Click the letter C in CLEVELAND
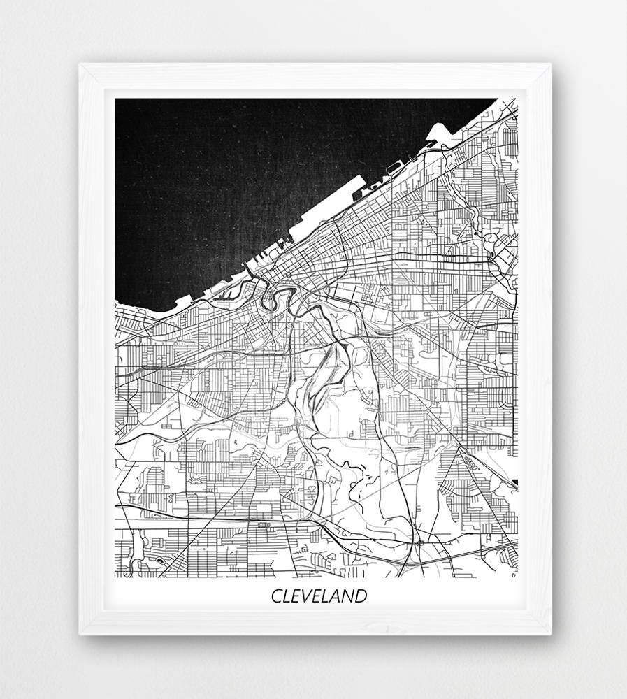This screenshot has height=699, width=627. coord(277,596)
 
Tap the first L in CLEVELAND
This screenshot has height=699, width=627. coord(287,596)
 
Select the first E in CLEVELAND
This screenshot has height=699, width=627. coord(297,596)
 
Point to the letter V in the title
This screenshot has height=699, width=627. coord(308,596)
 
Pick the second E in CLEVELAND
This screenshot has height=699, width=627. coord(319,596)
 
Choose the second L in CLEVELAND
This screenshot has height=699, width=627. coord(329,596)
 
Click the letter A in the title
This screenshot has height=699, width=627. coord(339,596)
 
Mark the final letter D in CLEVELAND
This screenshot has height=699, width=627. coord(362,596)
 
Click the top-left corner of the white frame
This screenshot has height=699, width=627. coord(80,65)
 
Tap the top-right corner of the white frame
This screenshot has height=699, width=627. coord(551,65)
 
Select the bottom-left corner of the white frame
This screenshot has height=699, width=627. coord(80,634)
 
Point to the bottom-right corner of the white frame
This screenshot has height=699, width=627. coord(551,634)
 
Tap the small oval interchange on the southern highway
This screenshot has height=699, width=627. coord(420,542)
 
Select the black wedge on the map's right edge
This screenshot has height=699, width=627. coord(514,482)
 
